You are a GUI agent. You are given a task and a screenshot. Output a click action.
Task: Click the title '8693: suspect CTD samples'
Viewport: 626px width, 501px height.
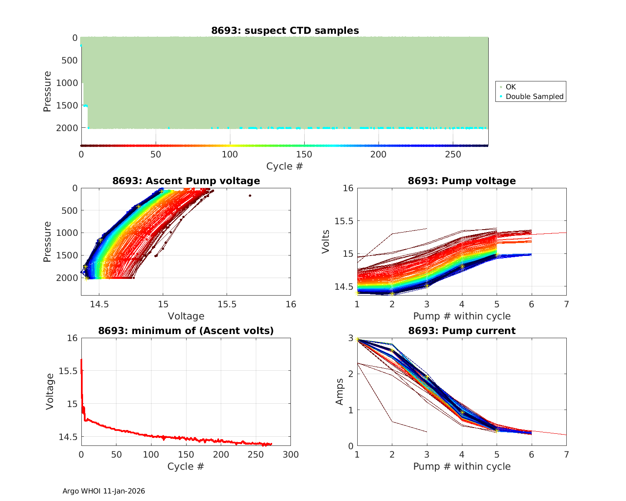(x=285, y=30)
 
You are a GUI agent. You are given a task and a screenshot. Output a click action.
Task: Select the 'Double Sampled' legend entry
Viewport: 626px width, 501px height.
(x=534, y=96)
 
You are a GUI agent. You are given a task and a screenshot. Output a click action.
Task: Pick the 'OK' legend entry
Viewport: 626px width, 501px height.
(x=510, y=87)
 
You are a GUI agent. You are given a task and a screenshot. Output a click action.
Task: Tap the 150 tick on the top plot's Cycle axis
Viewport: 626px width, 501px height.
(x=304, y=154)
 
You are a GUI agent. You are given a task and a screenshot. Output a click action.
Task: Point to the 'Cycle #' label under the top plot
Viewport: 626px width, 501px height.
(x=285, y=166)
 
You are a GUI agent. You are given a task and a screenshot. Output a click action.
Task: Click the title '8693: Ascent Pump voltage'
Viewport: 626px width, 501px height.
(x=186, y=181)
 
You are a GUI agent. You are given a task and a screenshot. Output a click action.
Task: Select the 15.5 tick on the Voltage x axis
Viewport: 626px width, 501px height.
(x=227, y=304)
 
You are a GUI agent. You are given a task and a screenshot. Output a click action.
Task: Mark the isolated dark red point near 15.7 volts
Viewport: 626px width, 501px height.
(x=250, y=195)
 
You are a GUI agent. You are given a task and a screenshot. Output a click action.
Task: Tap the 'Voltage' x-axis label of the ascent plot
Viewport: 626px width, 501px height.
(x=186, y=316)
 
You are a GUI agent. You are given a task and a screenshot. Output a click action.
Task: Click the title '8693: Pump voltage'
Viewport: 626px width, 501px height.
(x=462, y=181)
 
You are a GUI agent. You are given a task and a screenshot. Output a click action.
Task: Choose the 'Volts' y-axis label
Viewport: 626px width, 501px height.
(x=326, y=241)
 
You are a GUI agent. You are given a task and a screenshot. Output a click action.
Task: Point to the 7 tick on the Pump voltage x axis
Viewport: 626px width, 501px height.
(x=566, y=304)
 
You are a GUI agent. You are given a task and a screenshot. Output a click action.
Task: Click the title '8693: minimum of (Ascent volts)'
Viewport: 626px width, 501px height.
(x=186, y=331)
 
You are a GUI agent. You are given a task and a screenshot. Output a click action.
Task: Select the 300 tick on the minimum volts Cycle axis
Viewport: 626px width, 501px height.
(x=290, y=455)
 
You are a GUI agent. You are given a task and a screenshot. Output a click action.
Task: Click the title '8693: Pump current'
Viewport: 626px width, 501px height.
(x=462, y=331)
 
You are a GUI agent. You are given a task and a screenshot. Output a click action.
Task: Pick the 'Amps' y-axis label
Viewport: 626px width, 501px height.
(x=340, y=391)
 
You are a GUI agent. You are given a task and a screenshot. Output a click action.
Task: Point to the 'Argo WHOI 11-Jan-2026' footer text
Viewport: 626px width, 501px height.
(x=104, y=491)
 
